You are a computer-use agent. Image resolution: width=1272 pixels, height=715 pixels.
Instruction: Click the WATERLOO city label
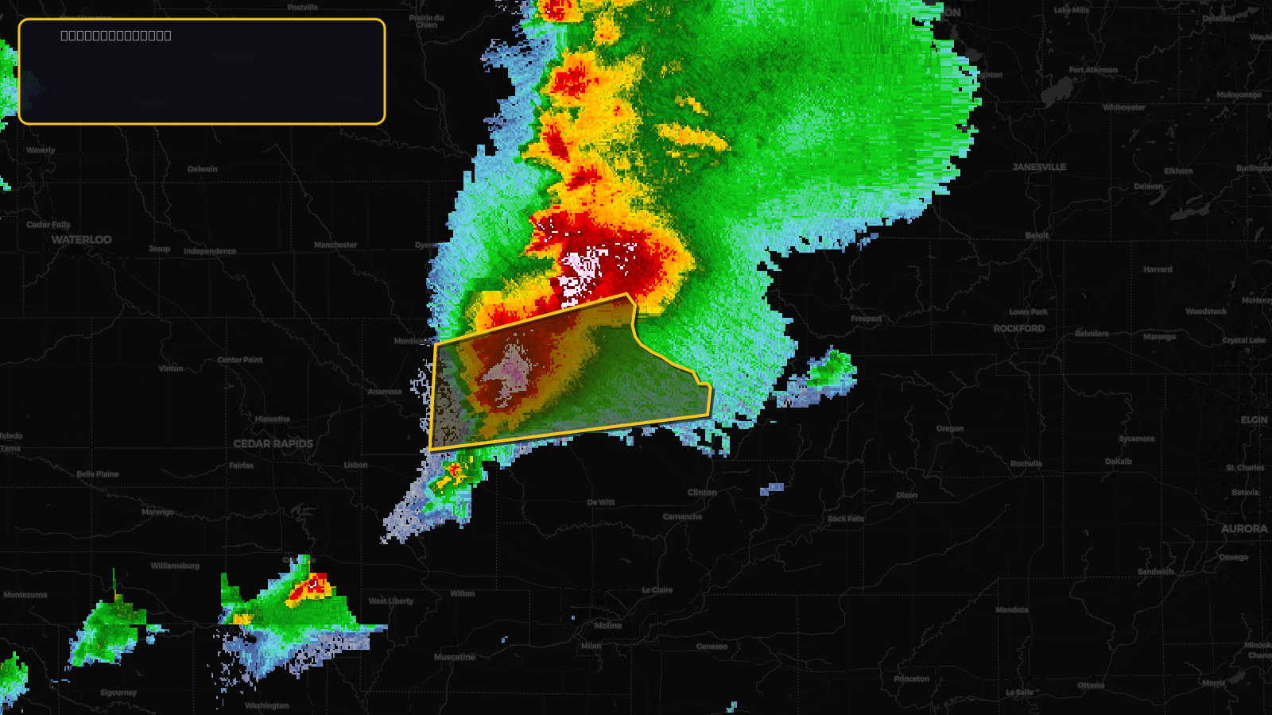tap(81, 239)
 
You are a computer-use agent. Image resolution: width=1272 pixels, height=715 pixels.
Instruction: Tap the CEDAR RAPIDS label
tap(273, 443)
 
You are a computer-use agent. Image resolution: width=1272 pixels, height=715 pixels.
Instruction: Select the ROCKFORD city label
tap(1018, 328)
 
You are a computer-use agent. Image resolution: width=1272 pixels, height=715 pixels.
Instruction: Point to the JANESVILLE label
tap(1039, 167)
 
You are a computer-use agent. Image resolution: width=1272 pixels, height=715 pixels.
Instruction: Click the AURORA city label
tap(1244, 528)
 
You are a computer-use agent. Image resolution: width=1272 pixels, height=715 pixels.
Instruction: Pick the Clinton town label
tap(702, 493)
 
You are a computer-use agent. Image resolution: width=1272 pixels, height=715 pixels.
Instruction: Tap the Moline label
tap(608, 625)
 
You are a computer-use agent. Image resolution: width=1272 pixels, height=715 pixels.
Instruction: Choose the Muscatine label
tap(455, 657)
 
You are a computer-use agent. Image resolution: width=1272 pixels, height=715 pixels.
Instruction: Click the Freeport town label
tap(866, 319)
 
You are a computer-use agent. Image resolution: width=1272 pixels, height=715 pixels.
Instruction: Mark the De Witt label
tap(601, 502)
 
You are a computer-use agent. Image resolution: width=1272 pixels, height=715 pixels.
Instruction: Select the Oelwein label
tap(203, 168)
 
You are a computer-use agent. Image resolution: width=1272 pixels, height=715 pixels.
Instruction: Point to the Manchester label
tap(335, 245)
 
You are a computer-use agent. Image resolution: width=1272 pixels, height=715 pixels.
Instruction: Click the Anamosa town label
tap(385, 391)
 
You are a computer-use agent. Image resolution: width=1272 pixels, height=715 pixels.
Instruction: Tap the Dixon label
tap(907, 495)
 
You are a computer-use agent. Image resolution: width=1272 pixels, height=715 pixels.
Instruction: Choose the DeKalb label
tap(1119, 462)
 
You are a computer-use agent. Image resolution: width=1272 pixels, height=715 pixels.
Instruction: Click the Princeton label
tap(911, 678)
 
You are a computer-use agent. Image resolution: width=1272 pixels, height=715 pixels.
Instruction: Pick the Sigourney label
tap(118, 692)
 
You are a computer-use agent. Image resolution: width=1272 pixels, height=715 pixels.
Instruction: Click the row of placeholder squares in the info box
tap(116, 35)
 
